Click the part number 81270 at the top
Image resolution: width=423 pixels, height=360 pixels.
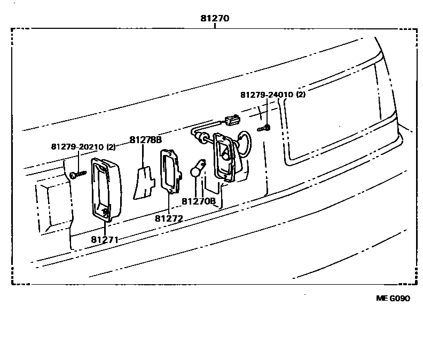[x=214, y=18]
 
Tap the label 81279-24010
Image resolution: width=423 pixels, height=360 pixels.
[x=267, y=95]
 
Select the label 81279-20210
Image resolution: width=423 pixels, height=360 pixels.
[x=78, y=146]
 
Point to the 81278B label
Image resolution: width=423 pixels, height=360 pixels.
[x=145, y=140]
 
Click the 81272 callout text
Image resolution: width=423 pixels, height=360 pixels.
[x=169, y=218]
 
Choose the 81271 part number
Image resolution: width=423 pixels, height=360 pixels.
[x=105, y=240]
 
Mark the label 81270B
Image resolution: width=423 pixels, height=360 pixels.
[x=198, y=201]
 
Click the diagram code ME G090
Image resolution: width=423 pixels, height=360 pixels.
[x=393, y=299]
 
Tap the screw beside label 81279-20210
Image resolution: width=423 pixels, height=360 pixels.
[x=76, y=174]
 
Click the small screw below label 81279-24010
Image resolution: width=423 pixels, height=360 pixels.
[x=264, y=128]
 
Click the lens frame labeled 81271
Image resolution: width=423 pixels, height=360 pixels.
[x=104, y=189]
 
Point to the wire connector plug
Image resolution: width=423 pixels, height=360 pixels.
[x=233, y=120]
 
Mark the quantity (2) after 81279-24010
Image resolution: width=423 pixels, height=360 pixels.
[x=301, y=95]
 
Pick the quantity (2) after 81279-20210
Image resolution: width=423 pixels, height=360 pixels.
[x=111, y=146]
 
